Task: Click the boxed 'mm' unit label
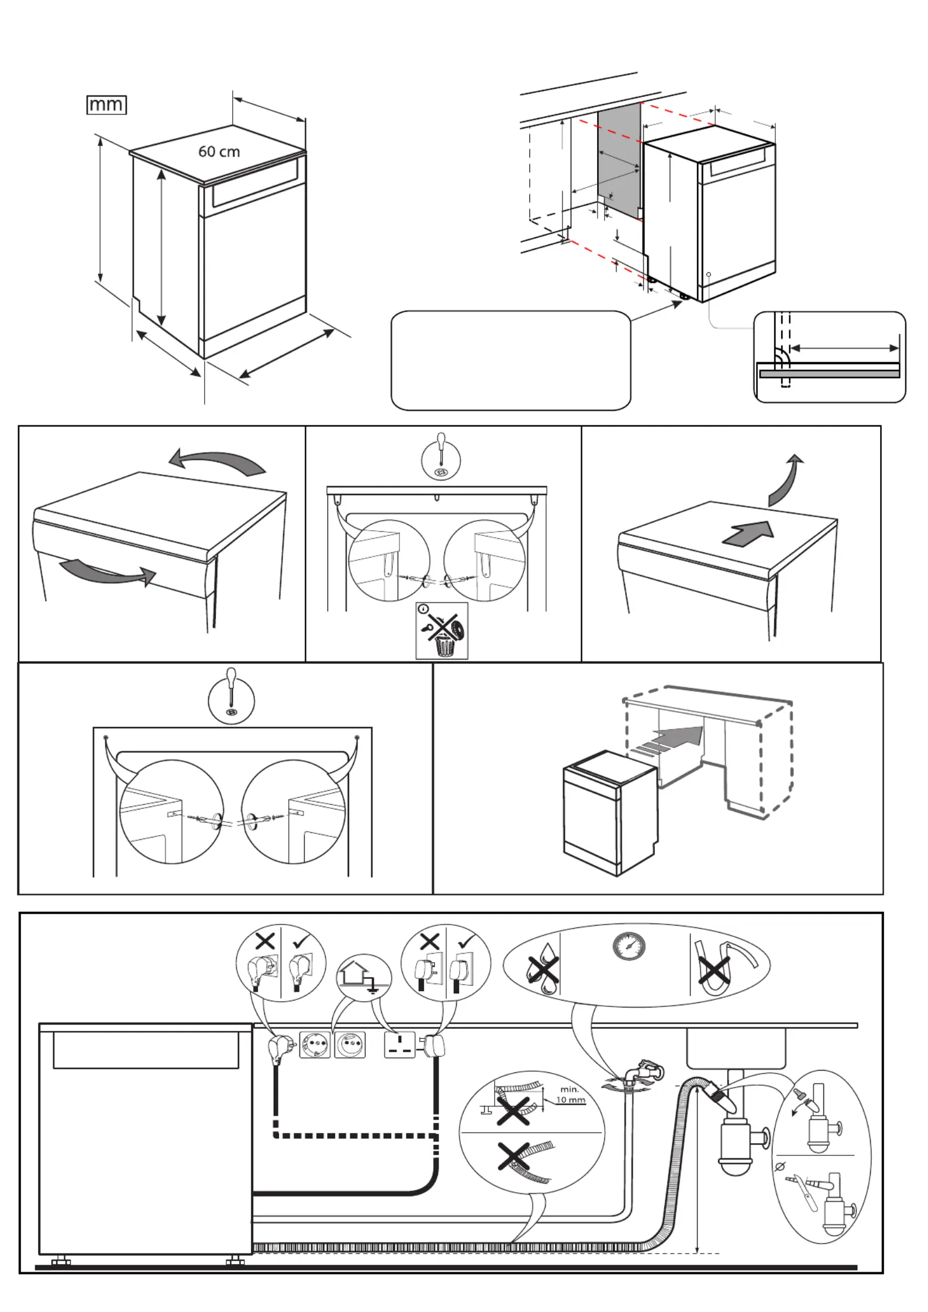[x=106, y=105]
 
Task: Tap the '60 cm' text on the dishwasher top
[x=219, y=152]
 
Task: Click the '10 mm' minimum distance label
[x=570, y=1100]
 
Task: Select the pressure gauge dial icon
[x=629, y=946]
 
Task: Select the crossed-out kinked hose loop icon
[x=716, y=971]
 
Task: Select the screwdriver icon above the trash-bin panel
[x=441, y=460]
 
